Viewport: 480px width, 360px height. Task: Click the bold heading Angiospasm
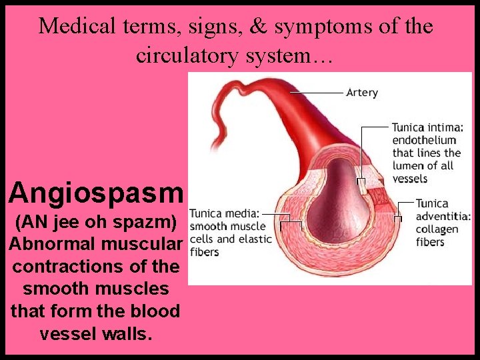[95, 193]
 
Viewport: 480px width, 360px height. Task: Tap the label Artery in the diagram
[362, 93]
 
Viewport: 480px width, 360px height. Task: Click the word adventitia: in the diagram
[443, 216]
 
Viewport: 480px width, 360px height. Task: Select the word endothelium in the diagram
[424, 140]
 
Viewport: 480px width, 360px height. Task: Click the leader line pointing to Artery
[317, 93]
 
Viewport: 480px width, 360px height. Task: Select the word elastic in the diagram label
[257, 239]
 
